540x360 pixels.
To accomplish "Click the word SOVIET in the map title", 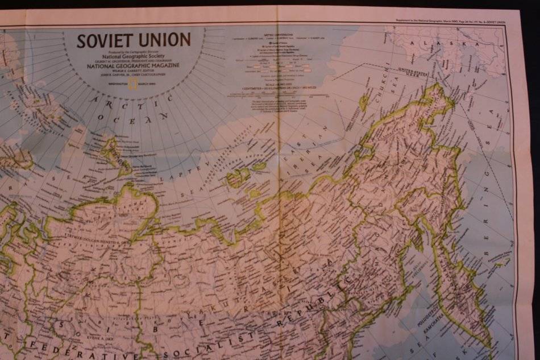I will pyautogui.click(x=106, y=40).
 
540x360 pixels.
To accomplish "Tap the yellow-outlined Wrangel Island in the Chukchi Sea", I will pyautogui.click(x=363, y=103).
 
